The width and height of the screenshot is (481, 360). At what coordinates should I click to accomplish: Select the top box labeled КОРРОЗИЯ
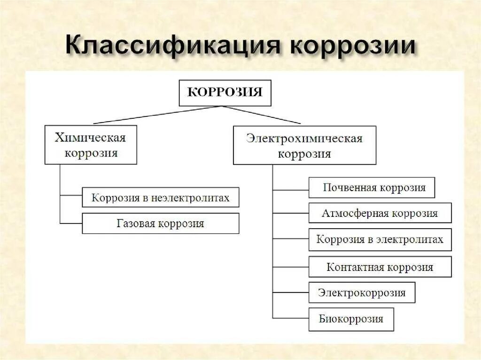click(x=225, y=92)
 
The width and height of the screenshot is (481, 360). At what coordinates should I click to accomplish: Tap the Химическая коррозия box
click(x=91, y=145)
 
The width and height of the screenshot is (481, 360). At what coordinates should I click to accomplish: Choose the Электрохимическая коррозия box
click(x=304, y=145)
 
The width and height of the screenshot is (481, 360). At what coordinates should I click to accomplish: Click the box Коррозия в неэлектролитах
click(x=160, y=198)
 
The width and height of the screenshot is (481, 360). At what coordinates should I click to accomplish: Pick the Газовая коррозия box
click(x=160, y=223)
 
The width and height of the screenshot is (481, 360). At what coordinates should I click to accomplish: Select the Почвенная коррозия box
click(x=372, y=188)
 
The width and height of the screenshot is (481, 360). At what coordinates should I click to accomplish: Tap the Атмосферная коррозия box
click(x=380, y=213)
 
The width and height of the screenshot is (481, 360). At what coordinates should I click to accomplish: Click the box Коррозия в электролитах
click(x=380, y=239)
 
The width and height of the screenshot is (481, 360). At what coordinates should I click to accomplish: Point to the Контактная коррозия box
click(x=380, y=267)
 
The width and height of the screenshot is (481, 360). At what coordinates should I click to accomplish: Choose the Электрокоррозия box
click(x=362, y=292)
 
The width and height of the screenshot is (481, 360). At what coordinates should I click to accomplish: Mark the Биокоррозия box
click(x=351, y=319)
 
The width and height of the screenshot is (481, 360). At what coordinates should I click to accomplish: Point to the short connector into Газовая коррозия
click(x=71, y=223)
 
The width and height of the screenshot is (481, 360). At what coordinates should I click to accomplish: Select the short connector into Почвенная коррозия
click(x=291, y=190)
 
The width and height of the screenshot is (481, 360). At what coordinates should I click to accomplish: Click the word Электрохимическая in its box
click(x=304, y=139)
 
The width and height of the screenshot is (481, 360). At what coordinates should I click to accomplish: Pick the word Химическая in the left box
click(x=90, y=138)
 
